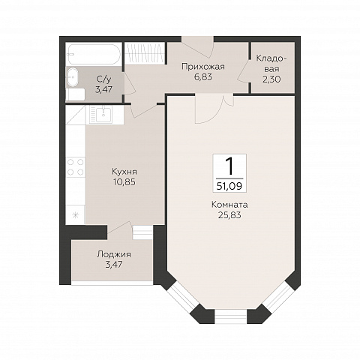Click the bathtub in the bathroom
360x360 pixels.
tap(94, 55)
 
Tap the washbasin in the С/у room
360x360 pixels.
tap(73, 77)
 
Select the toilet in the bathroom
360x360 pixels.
tap(76, 94)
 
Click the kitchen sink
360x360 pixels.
tap(104, 114)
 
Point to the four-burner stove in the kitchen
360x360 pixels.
tap(76, 167)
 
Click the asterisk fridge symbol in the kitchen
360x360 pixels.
tap(75, 214)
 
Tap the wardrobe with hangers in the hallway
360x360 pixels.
tap(145, 53)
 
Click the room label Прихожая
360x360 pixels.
tap(203, 67)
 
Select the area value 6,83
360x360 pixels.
tap(203, 76)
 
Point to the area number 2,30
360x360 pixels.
tap(271, 79)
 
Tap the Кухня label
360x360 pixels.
tap(124, 172)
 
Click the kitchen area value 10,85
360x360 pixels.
tap(124, 182)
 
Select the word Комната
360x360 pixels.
tap(229, 205)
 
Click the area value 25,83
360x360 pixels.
tap(229, 214)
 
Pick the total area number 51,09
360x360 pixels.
tap(229, 186)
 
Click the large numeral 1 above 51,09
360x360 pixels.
tap(229, 166)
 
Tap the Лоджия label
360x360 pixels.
tap(114, 254)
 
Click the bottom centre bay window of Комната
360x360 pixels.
tap(231, 316)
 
